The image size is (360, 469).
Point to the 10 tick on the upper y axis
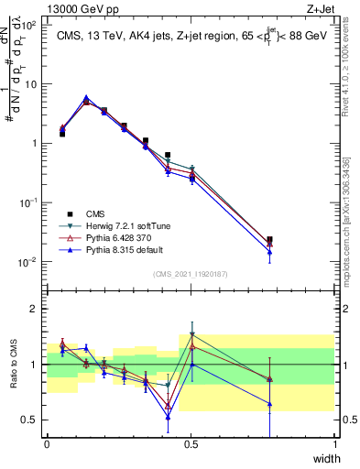click(x=31, y=84)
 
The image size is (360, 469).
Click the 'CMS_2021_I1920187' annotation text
click(x=191, y=273)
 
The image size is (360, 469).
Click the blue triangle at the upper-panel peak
click(x=86, y=97)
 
